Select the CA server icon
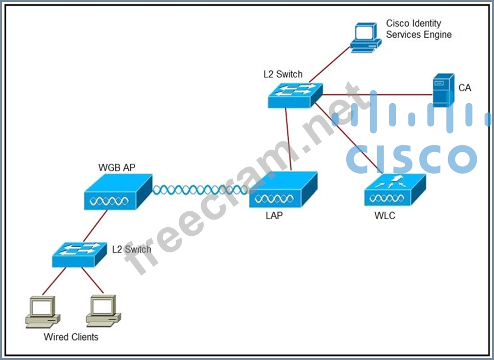coord(443,90)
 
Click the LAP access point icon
coord(282,191)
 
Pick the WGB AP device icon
coord(118,193)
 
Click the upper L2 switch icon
coord(295,95)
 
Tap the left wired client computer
coord(42,311)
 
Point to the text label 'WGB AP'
coord(117,167)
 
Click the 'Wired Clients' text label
coord(71,337)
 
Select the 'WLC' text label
coord(385,216)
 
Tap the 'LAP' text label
coord(274,216)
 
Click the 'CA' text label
coord(465,88)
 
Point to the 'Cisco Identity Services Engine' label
coord(418,29)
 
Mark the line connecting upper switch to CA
coord(378,95)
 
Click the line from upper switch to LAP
coord(289,141)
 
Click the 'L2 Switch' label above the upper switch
coord(282,74)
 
